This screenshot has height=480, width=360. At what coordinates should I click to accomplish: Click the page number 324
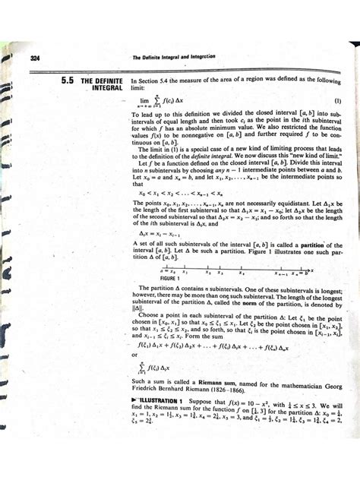click(x=34, y=58)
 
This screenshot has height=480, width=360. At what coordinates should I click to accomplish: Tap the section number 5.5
click(x=58, y=81)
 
